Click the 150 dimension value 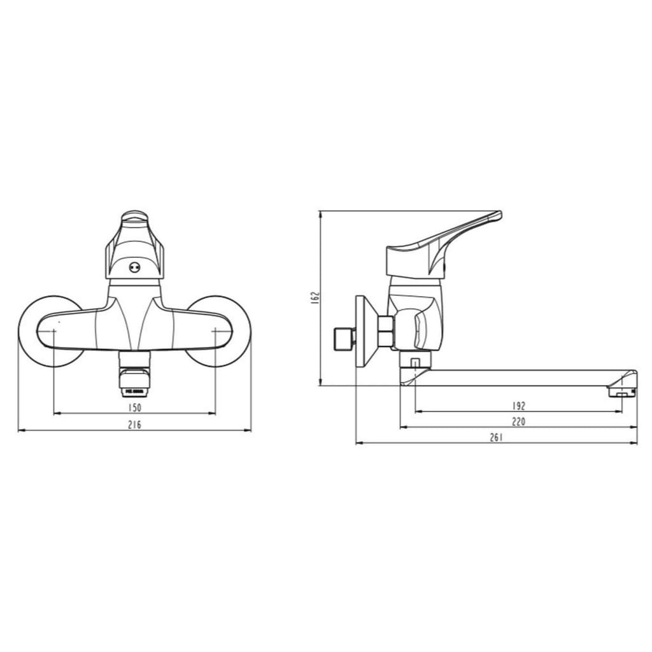[134, 407]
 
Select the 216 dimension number [134, 425]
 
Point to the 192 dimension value [519, 406]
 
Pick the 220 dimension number [519, 421]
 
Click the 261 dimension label [497, 437]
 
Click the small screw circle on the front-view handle [134, 268]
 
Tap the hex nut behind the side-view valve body [385, 331]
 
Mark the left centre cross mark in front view [54, 330]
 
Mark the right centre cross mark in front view [216, 330]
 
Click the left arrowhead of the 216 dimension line [20, 430]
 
